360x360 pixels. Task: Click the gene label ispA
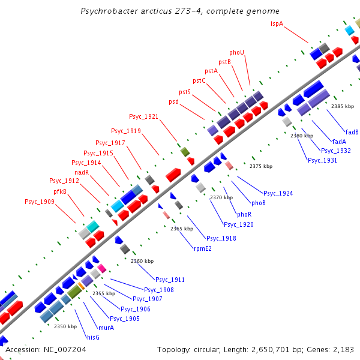(277, 23)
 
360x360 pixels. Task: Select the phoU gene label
(237, 52)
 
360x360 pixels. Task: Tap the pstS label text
(185, 92)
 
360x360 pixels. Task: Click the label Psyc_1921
(144, 116)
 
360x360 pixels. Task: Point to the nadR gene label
(82, 172)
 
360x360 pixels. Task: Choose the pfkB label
(60, 191)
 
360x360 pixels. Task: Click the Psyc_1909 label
(40, 202)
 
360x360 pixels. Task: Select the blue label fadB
(352, 132)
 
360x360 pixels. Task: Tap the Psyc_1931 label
(322, 160)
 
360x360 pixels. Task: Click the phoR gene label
(244, 214)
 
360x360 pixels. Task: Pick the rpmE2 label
(202, 248)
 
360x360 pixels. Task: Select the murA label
(106, 328)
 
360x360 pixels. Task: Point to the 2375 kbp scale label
(261, 166)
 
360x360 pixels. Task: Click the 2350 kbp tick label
(65, 326)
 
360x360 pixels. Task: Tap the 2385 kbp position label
(342, 106)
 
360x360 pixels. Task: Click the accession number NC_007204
(65, 349)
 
